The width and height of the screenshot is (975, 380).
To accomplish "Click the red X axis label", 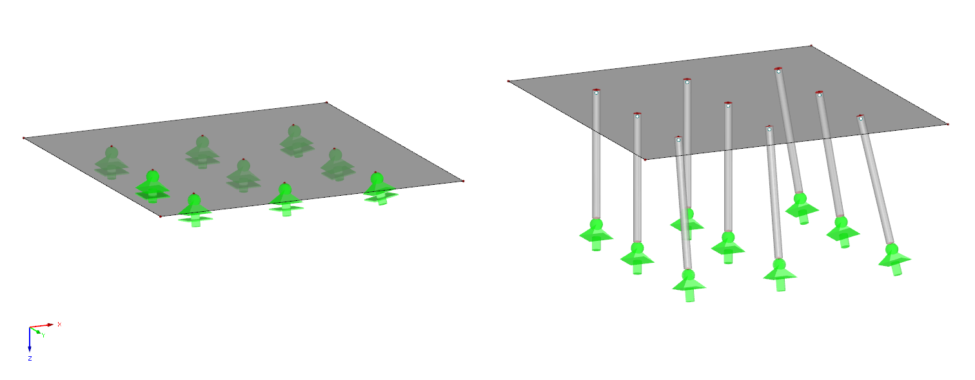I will point(59,324).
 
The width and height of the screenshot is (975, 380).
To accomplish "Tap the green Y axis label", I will point(43,335).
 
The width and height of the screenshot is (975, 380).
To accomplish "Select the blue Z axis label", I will point(30,358).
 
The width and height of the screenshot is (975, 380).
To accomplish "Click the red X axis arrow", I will point(49,325).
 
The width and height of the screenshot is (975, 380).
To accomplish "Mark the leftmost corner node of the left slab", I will point(24,138).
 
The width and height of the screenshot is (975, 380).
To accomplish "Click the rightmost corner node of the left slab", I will point(463,181).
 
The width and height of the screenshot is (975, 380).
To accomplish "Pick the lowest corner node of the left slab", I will point(161,216).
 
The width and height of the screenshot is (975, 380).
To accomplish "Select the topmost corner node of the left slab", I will point(326,102).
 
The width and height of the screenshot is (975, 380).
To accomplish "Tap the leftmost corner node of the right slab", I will point(509,81).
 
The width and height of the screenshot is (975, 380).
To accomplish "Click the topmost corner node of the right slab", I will point(811,46).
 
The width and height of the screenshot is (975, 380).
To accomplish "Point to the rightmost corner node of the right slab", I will point(947,124).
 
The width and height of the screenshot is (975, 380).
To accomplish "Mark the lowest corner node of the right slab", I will point(645,159).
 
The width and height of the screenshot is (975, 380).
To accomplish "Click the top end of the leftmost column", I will point(596,92).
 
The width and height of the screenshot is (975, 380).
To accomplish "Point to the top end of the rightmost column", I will point(860,118).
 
